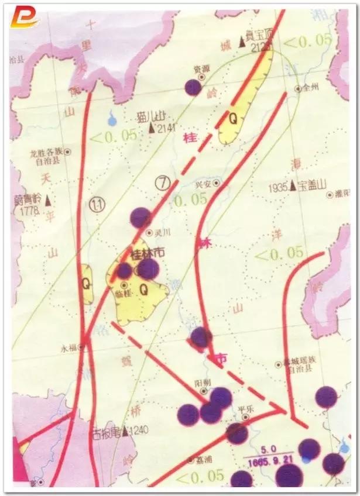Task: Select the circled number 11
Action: pyautogui.click(x=98, y=204)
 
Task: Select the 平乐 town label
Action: pyautogui.click(x=246, y=409)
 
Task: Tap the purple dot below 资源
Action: pyautogui.click(x=193, y=87)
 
